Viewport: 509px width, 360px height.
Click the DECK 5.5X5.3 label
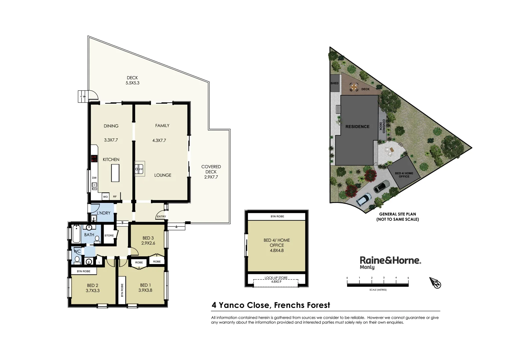coord(132,80)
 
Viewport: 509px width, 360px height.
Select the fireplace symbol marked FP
coord(139,169)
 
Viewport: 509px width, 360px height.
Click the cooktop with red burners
coord(94,159)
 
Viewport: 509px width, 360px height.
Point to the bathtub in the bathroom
coord(76,234)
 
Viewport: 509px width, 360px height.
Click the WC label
coord(77,251)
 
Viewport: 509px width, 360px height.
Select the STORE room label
coord(109,235)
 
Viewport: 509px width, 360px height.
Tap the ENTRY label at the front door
coord(161,217)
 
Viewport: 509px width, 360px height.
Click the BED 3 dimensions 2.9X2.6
coord(148,243)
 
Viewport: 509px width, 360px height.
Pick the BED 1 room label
coord(145,285)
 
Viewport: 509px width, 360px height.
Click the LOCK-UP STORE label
coord(276,278)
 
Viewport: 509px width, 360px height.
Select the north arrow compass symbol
coord(435,283)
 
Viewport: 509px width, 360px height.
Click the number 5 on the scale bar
coord(408,278)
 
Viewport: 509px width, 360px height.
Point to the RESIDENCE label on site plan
coord(357,127)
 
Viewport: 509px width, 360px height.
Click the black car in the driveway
coord(381,186)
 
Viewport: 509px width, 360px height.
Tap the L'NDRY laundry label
coord(104,213)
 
